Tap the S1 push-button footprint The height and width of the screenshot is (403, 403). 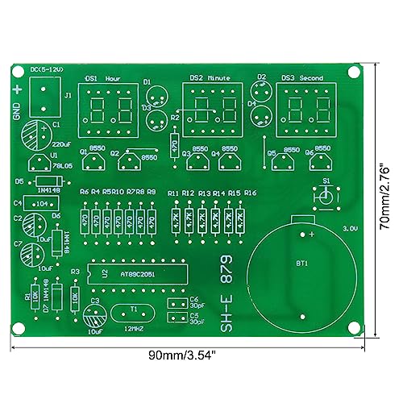point(326,197)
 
